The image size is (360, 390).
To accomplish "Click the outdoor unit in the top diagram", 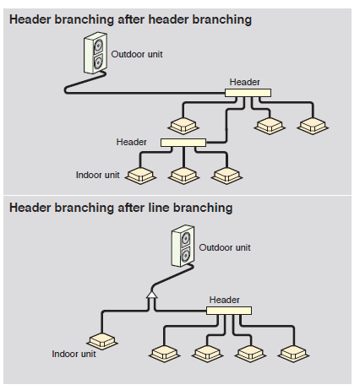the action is click(x=95, y=53).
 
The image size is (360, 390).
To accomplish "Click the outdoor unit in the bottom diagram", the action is click(x=183, y=246).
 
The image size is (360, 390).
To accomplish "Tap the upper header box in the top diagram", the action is click(x=248, y=93).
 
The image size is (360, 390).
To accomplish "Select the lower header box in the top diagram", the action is click(x=183, y=143).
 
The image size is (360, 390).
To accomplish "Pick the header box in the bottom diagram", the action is click(x=229, y=311).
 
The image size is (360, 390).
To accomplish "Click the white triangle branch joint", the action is click(x=152, y=295).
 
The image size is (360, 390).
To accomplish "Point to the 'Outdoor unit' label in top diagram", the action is click(x=137, y=54).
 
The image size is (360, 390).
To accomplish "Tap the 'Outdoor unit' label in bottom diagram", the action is click(x=225, y=247).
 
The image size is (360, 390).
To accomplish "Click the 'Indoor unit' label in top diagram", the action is click(x=98, y=175).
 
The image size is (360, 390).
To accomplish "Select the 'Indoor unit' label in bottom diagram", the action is click(x=74, y=354).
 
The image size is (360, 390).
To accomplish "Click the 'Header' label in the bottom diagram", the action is click(x=224, y=300).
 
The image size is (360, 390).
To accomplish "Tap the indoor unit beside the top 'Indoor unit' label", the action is click(x=140, y=176).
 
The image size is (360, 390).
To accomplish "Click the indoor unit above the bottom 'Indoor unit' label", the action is click(x=102, y=341).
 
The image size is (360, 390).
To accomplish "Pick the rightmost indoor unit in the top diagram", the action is click(x=313, y=126).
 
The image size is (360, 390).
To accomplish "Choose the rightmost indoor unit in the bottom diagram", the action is click(x=293, y=354).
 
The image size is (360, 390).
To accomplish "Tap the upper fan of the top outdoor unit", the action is click(x=98, y=45).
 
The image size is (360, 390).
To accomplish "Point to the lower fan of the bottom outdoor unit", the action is click(x=186, y=255).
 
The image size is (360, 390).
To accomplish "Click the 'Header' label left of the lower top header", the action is click(x=132, y=142).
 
